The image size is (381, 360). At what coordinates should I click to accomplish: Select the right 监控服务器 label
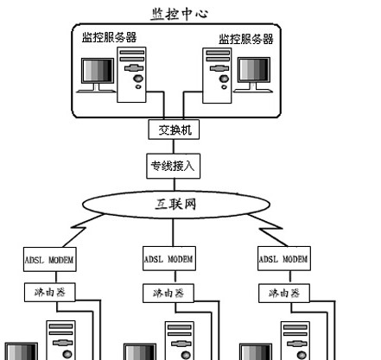(245, 38)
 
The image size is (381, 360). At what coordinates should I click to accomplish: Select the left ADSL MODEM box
(49, 258)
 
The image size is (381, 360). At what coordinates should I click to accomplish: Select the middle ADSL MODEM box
(168, 258)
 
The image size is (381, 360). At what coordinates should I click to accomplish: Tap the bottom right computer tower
(294, 340)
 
